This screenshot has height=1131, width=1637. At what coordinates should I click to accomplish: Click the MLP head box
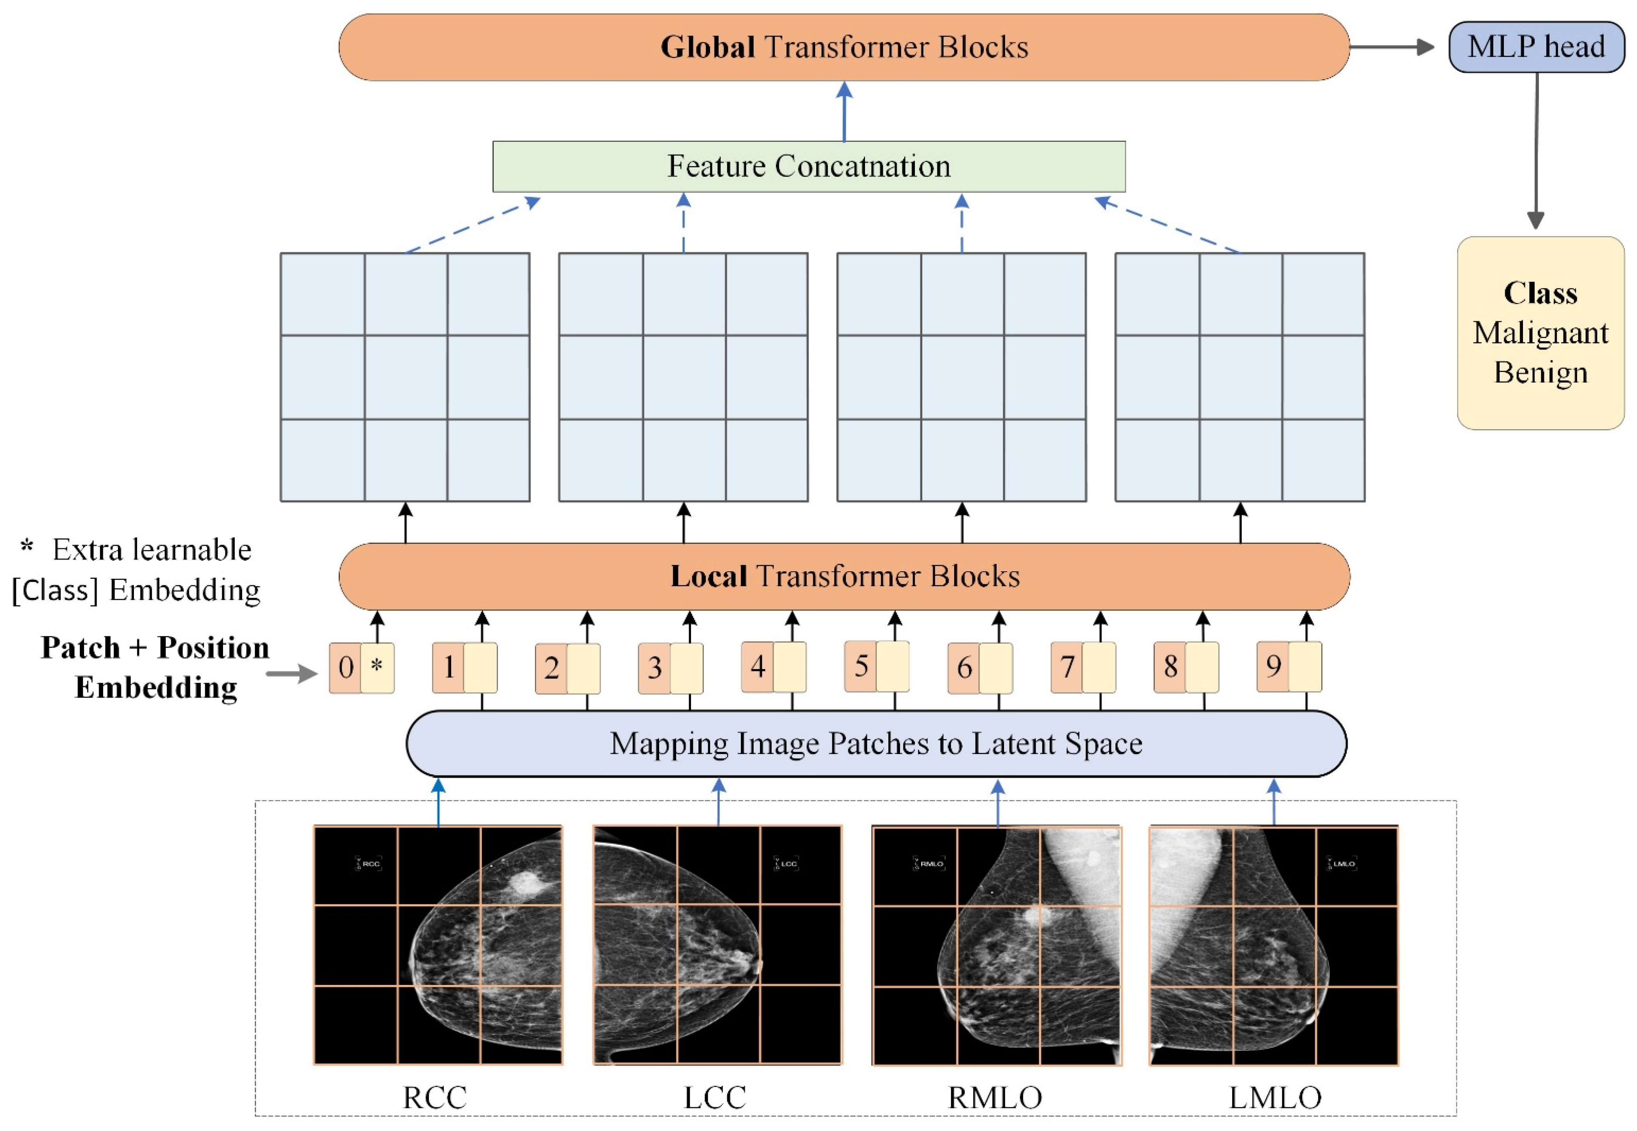tap(1536, 47)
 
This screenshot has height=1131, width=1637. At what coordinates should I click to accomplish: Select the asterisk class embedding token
tap(377, 668)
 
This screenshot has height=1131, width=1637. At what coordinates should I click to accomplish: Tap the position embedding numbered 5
tap(861, 666)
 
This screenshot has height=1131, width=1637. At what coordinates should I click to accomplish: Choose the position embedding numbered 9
tap(1273, 666)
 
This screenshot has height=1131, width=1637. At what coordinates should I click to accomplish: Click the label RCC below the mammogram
tap(435, 1098)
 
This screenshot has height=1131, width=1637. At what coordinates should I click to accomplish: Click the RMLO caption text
tap(995, 1098)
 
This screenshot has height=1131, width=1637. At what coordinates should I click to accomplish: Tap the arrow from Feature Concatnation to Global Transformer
tap(844, 111)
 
